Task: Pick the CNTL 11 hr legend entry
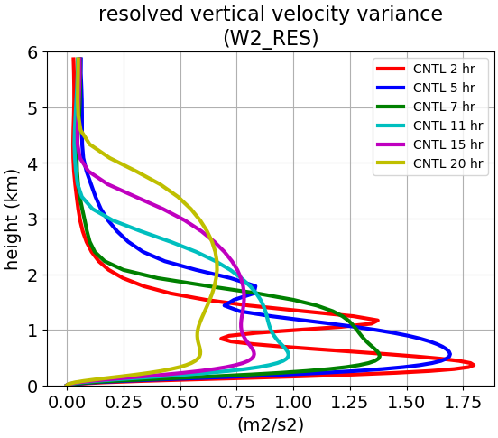click(429, 126)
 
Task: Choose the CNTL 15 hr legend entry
click(429, 144)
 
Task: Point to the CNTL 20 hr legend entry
click(429, 163)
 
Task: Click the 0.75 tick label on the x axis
click(237, 403)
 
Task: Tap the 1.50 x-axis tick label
click(407, 403)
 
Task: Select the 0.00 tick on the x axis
click(67, 403)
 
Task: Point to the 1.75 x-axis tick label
click(464, 403)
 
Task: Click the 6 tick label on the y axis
click(32, 52)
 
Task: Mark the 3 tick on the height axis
click(32, 219)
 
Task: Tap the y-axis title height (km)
click(12, 219)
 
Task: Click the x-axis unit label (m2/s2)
click(271, 424)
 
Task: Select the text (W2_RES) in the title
click(271, 38)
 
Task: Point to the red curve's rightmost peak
click(475, 365)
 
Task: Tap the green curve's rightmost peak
click(380, 357)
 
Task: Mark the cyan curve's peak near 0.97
click(289, 355)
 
